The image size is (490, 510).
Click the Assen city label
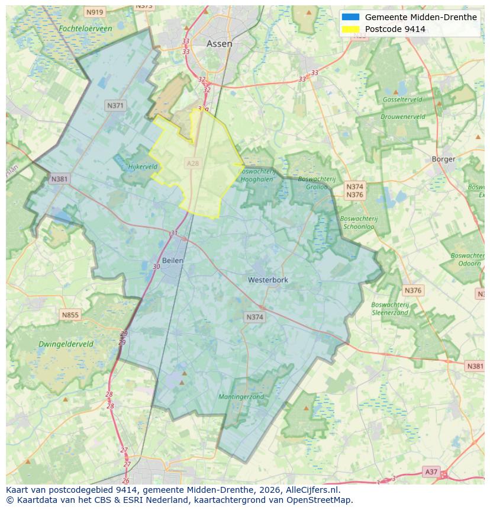click(219, 44)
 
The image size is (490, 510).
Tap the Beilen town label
click(172, 260)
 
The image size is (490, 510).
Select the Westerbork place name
click(267, 280)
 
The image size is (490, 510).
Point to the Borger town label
click(443, 159)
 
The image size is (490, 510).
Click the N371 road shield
click(115, 105)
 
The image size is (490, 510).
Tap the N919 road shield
click(94, 12)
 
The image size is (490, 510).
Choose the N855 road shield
click(70, 315)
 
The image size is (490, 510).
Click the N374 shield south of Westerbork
click(254, 317)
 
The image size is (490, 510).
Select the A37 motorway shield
click(431, 471)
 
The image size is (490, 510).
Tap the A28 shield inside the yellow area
click(193, 163)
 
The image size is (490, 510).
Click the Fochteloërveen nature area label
click(85, 28)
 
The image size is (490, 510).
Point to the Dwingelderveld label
click(66, 344)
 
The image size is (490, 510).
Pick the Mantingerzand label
click(241, 397)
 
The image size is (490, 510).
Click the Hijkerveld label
click(143, 167)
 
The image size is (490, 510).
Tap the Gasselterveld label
click(402, 100)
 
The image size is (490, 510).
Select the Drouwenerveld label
click(402, 117)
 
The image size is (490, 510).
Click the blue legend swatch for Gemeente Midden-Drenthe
click(350, 17)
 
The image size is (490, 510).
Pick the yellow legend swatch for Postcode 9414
click(350, 29)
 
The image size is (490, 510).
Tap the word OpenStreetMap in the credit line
click(320, 500)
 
